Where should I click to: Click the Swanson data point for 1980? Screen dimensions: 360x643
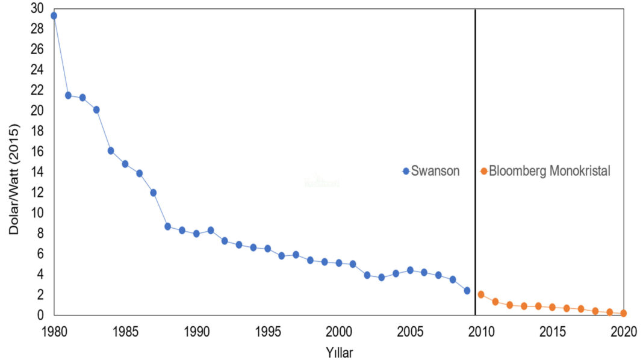coord(54,16)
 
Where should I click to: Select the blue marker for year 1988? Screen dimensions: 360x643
coord(168,226)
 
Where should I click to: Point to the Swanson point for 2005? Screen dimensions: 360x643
coord(410,270)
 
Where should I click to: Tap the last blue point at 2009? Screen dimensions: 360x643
coord(467,290)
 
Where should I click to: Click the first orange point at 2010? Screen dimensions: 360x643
coord(481,294)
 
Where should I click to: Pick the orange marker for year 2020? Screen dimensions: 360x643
coord(624,313)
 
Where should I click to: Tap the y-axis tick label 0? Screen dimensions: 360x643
coord(41,315)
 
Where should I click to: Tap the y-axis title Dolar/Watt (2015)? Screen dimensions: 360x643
coord(14,179)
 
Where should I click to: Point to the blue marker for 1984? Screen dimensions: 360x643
coord(111,151)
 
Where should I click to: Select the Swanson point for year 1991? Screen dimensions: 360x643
coord(211,231)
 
